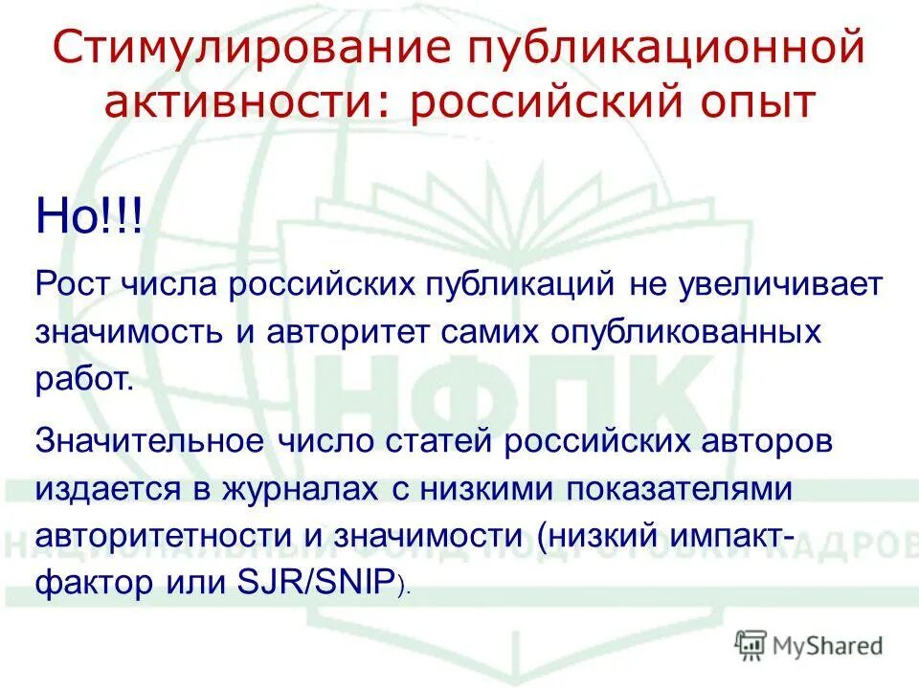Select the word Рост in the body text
[72, 285]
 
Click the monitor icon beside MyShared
[752, 646]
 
